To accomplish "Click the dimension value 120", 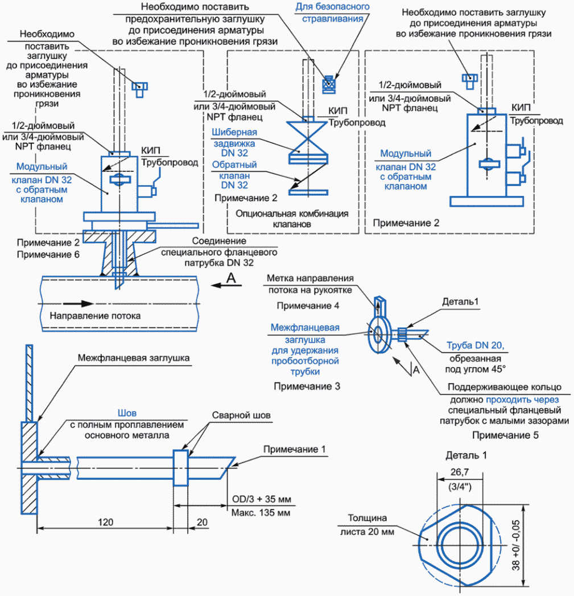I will [x=104, y=521].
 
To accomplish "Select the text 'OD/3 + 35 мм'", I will [x=261, y=500].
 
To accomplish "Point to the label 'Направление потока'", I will [x=95, y=315].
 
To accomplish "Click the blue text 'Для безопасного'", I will [x=332, y=7].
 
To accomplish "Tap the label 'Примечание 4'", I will [x=308, y=306].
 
